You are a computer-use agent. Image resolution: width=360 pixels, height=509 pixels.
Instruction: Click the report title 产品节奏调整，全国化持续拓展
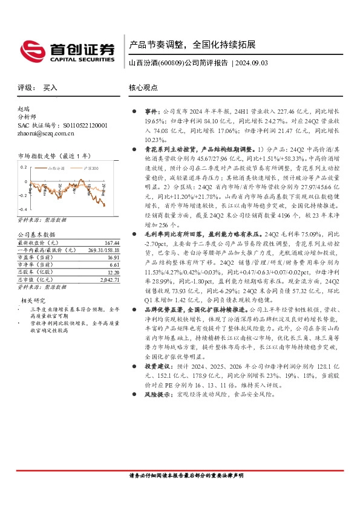(193, 45)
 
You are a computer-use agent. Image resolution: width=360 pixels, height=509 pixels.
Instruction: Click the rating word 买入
(50, 88)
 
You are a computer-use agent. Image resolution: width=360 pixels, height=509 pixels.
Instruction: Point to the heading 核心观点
(142, 88)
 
